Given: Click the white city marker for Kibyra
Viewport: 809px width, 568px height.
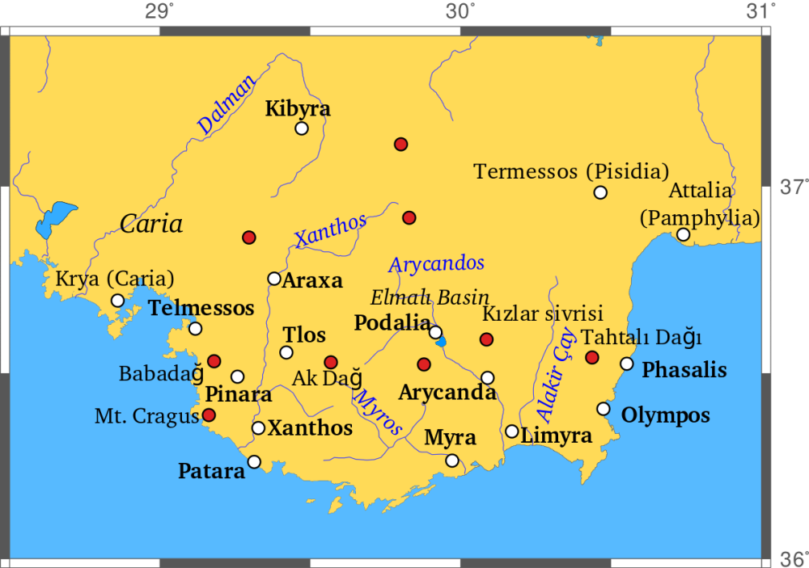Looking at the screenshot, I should coord(302,128).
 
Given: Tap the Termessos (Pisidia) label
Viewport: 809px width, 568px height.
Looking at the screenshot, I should coord(571,171).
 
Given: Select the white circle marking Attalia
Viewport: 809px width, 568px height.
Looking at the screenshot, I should coord(683,234).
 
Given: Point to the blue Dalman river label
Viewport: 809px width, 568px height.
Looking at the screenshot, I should coord(227,105).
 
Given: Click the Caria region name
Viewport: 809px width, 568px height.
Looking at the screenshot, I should coord(151,224).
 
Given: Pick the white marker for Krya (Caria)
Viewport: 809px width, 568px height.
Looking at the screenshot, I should coord(118,301).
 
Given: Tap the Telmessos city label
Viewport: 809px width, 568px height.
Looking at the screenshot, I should coord(201,308).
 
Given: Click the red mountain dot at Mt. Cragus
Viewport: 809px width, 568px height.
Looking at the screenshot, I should coord(209,414).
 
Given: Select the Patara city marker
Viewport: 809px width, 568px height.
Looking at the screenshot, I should coord(254,461).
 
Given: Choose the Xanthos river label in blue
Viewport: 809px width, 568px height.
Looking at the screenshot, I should coord(330,231).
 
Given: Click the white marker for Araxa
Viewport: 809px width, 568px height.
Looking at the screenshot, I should coord(274,279).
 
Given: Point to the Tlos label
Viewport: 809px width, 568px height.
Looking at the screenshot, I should coord(304,334).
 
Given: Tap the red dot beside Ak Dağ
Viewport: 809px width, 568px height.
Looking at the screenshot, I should coord(331,362).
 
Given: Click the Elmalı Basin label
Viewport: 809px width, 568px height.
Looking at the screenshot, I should coord(430,297).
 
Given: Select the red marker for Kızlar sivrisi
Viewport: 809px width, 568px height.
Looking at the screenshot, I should coord(486,339).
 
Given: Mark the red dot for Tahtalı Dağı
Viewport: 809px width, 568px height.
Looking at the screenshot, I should coord(592,357).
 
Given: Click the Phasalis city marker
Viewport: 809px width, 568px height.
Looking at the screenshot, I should coord(626,364).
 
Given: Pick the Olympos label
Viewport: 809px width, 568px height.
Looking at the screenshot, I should coord(665,415).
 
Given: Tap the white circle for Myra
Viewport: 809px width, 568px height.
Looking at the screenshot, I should coord(452,461).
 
